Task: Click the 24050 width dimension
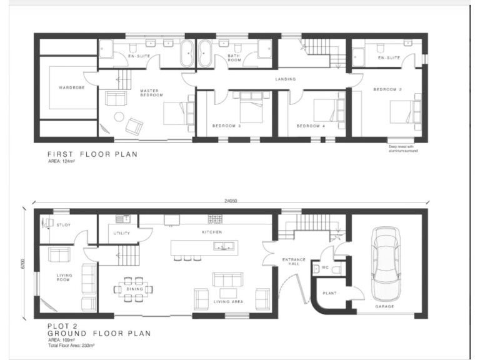pyautogui.click(x=231, y=201)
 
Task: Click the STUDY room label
pyautogui.click(x=63, y=224)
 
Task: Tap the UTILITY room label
pyautogui.click(x=121, y=233)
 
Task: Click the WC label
pyautogui.click(x=325, y=268)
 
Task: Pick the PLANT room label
pyautogui.click(x=330, y=292)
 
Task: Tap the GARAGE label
pyautogui.click(x=384, y=307)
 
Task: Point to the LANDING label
pyautogui.click(x=286, y=79)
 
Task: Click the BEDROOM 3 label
pyautogui.click(x=226, y=126)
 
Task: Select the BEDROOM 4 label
pyautogui.click(x=311, y=126)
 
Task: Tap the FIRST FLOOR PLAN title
pyautogui.click(x=92, y=154)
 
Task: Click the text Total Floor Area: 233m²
pyautogui.click(x=71, y=346)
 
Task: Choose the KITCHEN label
pyautogui.click(x=212, y=232)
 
